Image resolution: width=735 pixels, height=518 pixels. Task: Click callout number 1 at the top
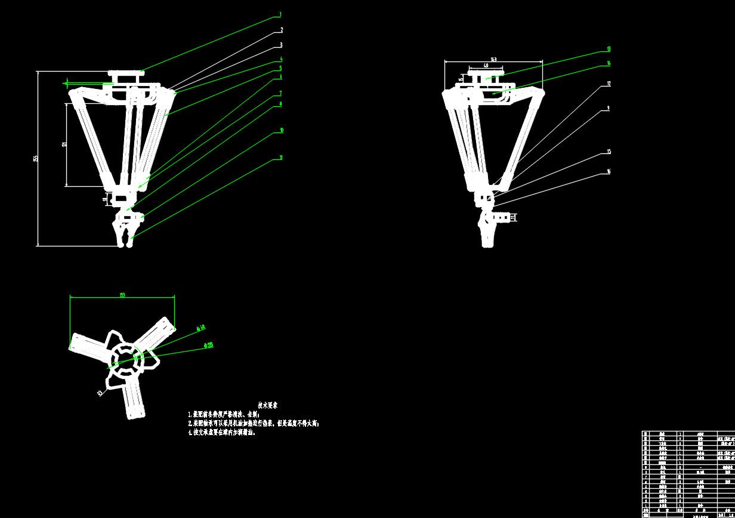280,14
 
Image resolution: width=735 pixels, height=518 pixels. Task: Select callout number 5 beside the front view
280,69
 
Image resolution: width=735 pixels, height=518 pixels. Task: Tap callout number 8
280,104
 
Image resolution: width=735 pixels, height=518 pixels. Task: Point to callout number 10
281,130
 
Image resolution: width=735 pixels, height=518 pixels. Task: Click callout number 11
281,158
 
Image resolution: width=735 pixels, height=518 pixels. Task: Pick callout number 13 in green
609,49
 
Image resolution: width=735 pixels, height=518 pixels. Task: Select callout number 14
609,63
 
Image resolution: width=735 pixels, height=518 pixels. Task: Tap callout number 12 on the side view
609,84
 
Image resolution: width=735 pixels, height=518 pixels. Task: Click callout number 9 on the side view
608,108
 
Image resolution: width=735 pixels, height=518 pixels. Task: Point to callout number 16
609,172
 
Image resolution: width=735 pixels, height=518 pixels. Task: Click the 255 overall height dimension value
35,158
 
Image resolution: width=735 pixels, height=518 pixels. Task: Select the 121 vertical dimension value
64,143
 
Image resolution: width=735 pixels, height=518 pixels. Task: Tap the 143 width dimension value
493,58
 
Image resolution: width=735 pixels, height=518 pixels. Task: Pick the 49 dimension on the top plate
486,65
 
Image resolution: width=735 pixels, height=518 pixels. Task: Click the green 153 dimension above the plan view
122,294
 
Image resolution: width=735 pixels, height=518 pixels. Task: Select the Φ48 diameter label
201,327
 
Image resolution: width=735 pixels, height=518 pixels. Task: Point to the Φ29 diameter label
209,345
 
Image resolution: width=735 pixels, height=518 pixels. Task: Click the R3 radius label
100,393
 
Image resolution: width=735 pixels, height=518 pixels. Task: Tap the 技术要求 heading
267,405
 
